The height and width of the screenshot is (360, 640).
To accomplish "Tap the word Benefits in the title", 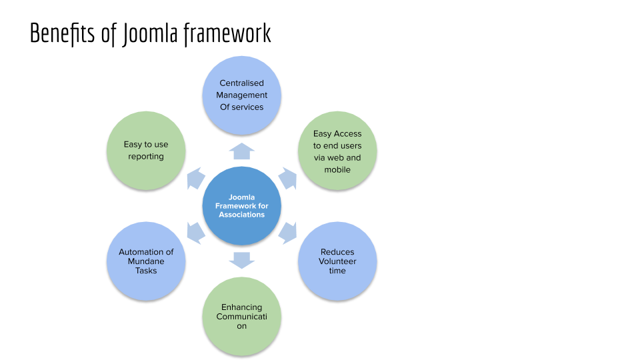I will click(x=63, y=33).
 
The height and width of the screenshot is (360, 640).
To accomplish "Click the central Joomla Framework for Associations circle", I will click(x=241, y=206).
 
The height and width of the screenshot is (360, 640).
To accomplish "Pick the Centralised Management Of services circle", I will click(x=241, y=95).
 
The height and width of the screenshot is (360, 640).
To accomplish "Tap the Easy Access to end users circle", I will click(x=337, y=151).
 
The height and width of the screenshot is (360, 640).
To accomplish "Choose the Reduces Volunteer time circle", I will click(x=337, y=261).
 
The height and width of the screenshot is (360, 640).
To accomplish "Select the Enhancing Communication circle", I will click(x=241, y=316).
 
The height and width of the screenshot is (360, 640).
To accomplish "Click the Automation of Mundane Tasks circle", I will click(x=146, y=261).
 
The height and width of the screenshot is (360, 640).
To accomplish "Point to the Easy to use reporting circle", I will click(x=146, y=150).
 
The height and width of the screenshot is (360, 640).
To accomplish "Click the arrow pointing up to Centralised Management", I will click(x=241, y=151).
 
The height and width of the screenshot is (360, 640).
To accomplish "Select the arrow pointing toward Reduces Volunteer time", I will click(x=287, y=233).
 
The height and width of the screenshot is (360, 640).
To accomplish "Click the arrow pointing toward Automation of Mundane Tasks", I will click(x=195, y=233).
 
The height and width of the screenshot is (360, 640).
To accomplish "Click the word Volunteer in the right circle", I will click(x=337, y=261).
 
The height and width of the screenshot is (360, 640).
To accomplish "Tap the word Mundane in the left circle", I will click(x=146, y=261).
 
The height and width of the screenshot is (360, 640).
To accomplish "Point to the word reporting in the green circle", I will click(x=146, y=156).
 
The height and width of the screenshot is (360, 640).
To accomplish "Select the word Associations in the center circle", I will click(x=241, y=215).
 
